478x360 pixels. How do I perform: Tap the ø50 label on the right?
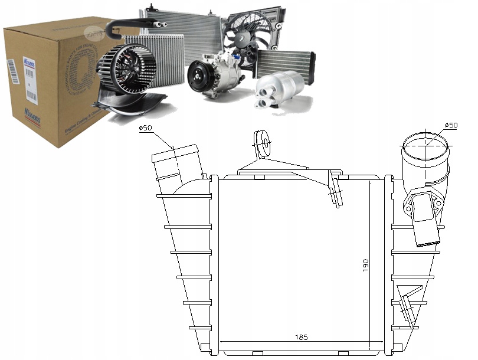pos(450,125)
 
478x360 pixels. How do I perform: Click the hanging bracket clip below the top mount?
pos(336,189)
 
